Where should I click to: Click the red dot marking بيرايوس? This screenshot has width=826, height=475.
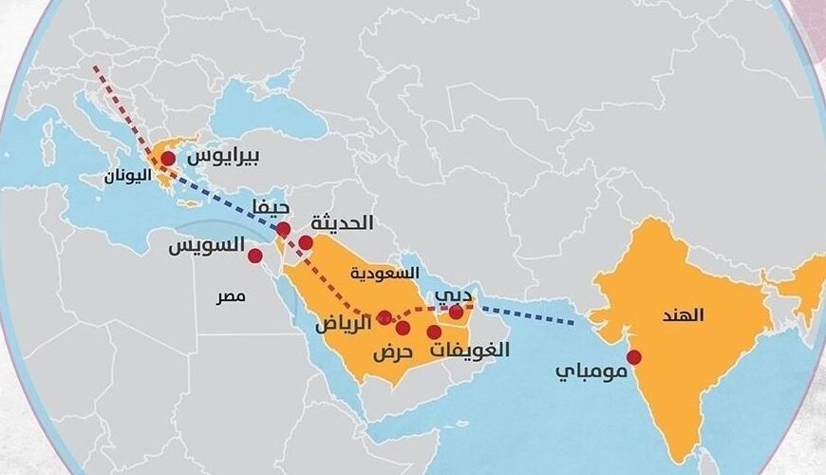[x=168, y=157]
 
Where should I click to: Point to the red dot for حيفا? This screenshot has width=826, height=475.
[x=283, y=229]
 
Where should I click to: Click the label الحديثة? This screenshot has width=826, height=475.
[x=343, y=222]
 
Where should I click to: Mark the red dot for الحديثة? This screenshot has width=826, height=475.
[x=306, y=242]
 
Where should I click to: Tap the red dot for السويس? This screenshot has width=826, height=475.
[x=254, y=255]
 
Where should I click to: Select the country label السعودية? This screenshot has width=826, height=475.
[x=385, y=273]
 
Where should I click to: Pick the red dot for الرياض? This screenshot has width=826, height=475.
[x=384, y=317]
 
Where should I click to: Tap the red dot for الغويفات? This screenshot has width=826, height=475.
[x=434, y=332]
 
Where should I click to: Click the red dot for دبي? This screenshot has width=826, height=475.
[x=456, y=312]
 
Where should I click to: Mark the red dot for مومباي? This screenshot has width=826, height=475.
[x=633, y=357]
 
